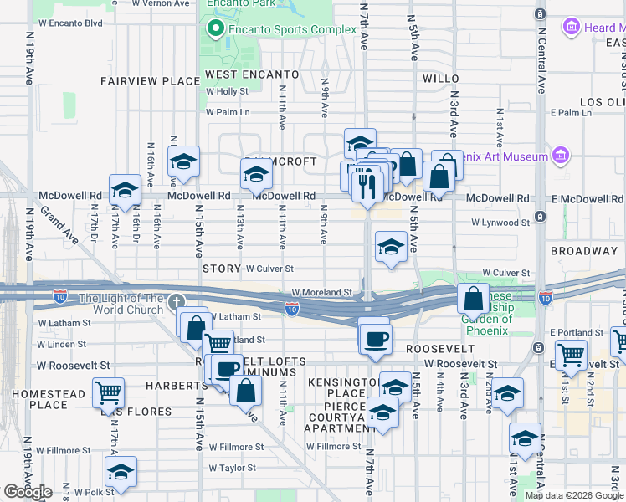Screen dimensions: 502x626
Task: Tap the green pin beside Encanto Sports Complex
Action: click(x=216, y=30)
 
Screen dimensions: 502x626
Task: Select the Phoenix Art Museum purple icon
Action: click(x=560, y=156)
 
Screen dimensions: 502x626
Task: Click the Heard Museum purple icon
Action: click(x=572, y=28)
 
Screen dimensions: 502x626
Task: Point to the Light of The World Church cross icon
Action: click(x=176, y=302)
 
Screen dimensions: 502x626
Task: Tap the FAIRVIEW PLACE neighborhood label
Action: click(x=150, y=81)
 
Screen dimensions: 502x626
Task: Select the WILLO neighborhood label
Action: click(x=441, y=79)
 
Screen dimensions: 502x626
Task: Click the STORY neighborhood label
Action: click(x=222, y=269)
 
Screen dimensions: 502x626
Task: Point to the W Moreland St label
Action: click(x=322, y=293)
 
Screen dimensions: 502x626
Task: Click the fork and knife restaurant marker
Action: click(x=365, y=185)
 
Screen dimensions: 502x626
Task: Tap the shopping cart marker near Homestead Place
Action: click(x=109, y=391)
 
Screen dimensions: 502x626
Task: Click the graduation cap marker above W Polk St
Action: click(x=121, y=473)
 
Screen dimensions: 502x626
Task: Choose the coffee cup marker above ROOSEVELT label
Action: click(x=375, y=338)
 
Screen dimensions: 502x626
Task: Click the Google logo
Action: click(x=28, y=492)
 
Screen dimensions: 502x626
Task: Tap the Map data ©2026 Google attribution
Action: click(x=573, y=495)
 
